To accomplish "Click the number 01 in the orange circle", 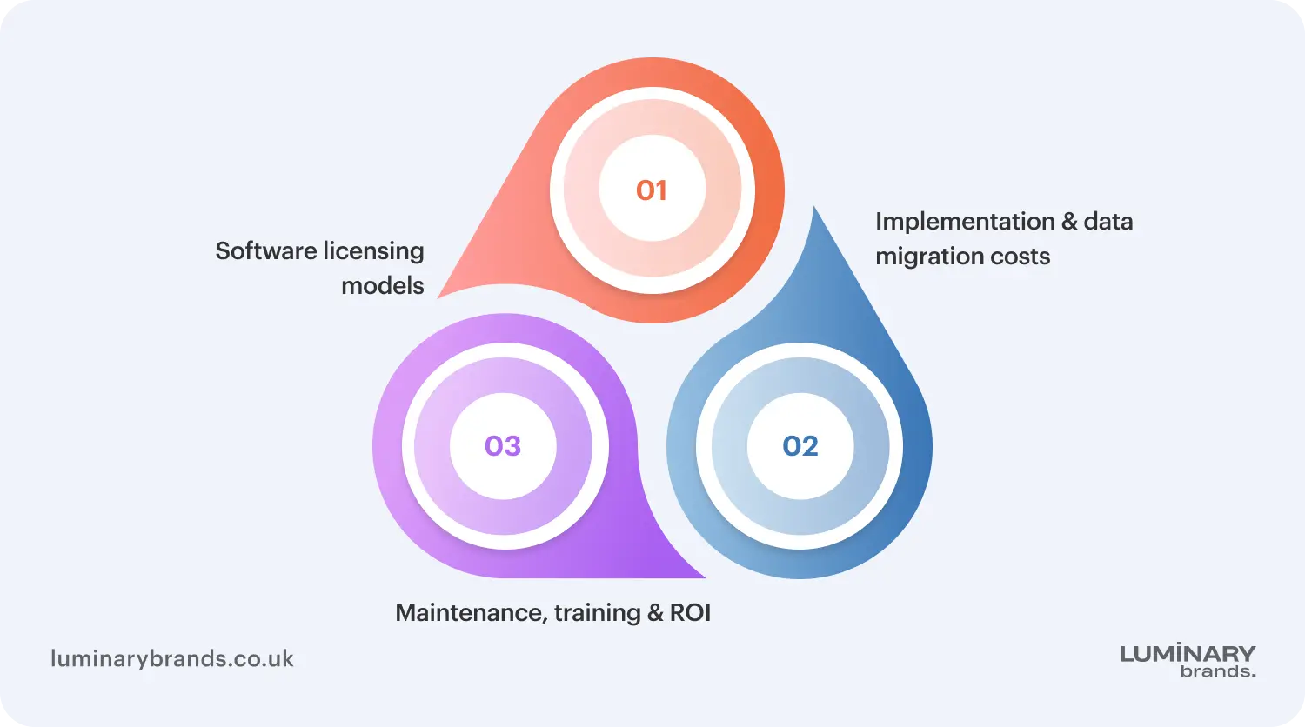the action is coord(652,190).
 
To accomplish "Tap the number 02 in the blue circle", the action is coord(800,446).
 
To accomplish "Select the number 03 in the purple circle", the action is coord(503,446).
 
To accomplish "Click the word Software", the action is coord(266,251).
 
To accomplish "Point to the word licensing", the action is coord(373,252).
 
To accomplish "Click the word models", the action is coord(382,286).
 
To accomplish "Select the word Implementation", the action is coord(966,223).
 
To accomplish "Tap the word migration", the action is coord(930,257).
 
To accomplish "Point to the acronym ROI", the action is coord(691,613).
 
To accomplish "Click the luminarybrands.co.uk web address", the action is coord(172,659).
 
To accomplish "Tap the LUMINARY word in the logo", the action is coord(1188,654).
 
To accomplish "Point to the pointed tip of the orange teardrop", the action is coord(438,297).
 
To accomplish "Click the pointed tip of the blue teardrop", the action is coord(813,207).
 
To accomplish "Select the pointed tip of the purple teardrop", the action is coord(705,577).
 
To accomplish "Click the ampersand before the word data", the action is coord(1069,222).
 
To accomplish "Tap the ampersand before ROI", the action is coord(655,613).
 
